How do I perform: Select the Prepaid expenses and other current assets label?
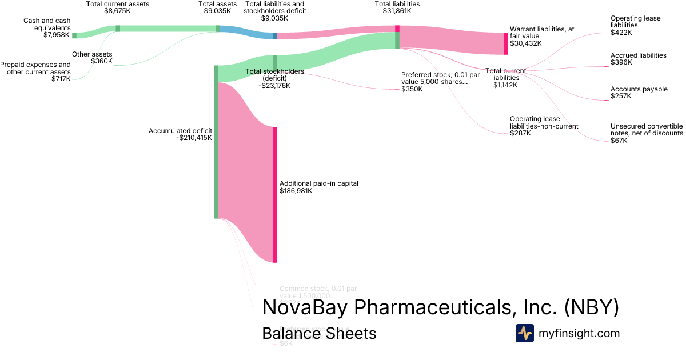click(x=35, y=72)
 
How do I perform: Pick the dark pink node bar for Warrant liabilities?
click(x=505, y=43)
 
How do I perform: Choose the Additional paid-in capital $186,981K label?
click(x=318, y=187)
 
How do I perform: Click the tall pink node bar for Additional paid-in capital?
click(x=275, y=194)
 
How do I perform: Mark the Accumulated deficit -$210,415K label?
click(x=180, y=134)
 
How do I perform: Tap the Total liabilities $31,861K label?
click(x=397, y=7)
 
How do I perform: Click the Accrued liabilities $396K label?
click(x=638, y=59)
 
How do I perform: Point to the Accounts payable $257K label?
click(x=639, y=93)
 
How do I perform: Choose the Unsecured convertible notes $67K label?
click(x=646, y=133)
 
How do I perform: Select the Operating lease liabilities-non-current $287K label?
click(x=544, y=126)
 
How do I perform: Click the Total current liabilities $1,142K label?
click(x=505, y=78)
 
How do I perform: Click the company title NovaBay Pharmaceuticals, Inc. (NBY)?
click(x=440, y=307)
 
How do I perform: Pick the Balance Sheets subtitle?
click(x=319, y=333)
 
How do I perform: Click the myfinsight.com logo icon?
click(x=524, y=333)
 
